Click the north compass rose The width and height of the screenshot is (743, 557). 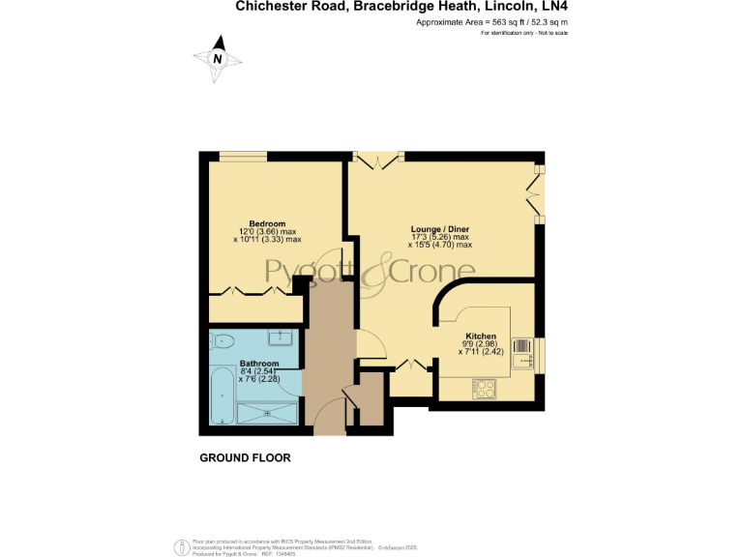(x=219, y=57)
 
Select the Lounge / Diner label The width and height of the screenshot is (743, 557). (x=439, y=228)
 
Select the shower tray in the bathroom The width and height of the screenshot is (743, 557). (x=268, y=414)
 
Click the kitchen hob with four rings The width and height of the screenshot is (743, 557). (x=485, y=389)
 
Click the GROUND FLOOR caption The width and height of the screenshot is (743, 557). (x=245, y=457)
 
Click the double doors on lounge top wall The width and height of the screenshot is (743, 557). (x=376, y=156)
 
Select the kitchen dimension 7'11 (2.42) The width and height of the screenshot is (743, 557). (x=484, y=352)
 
